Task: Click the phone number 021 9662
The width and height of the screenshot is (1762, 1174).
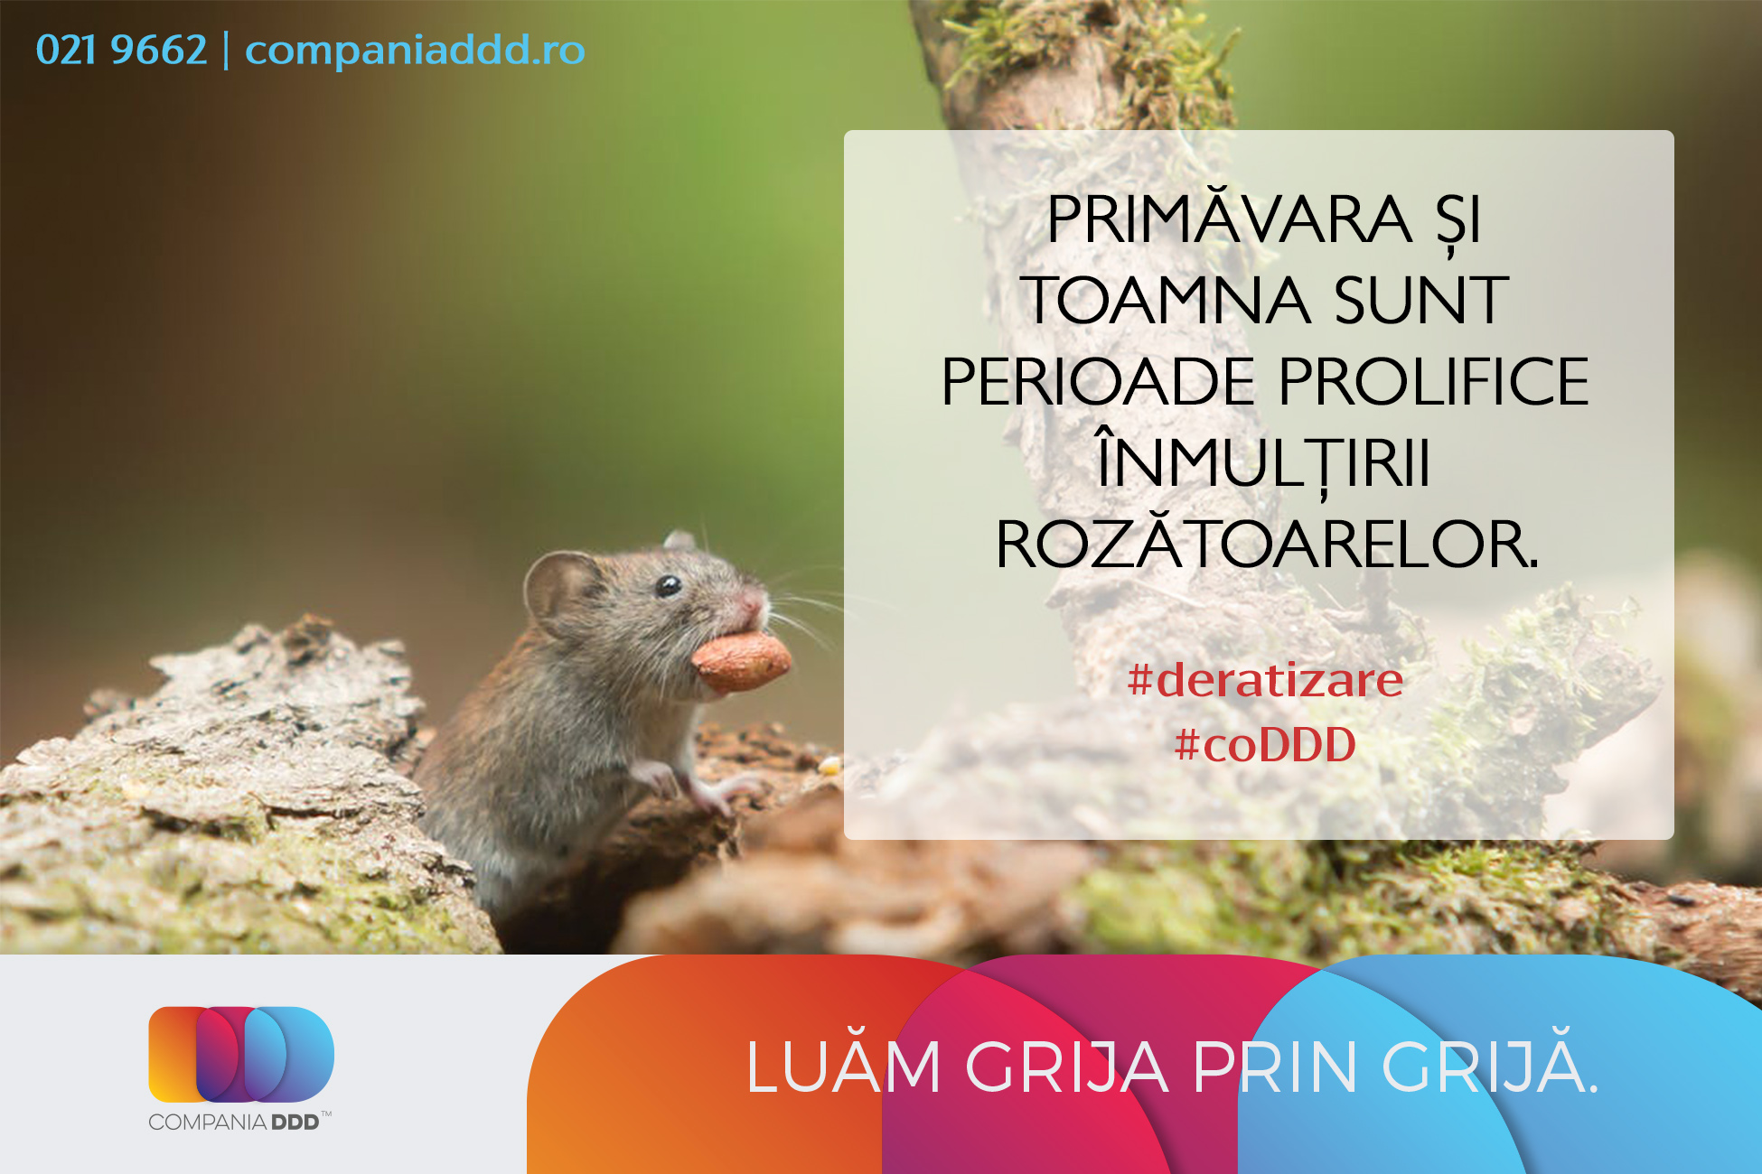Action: pos(121,50)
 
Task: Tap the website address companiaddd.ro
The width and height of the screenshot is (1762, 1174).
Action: pos(415,50)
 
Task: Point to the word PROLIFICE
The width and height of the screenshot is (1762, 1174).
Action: pos(1434,381)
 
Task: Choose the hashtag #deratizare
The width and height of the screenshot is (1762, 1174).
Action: pos(1265,680)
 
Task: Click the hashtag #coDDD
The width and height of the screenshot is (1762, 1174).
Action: pos(1265,745)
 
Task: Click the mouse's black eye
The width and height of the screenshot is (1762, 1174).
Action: pos(668,586)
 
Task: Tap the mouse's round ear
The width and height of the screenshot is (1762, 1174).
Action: pos(560,592)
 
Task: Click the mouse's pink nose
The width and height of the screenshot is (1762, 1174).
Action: pos(753,602)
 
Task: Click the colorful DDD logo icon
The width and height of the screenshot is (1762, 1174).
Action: pos(241,1054)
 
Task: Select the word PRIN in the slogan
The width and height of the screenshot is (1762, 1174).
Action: pos(1276,1067)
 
